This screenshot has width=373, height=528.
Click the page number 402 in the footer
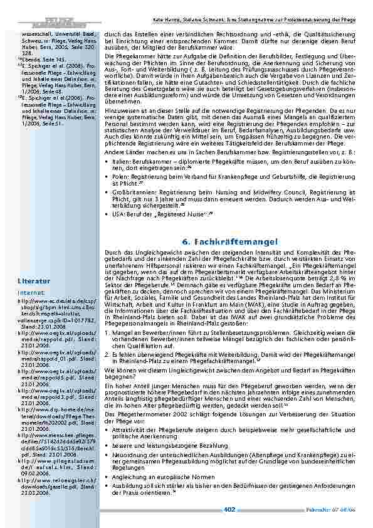point(229,509)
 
